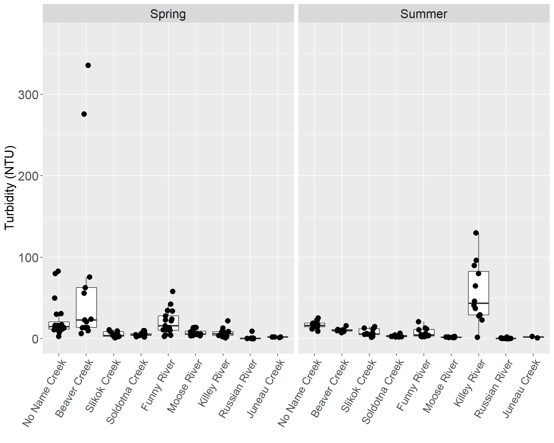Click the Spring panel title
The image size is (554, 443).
pos(168,14)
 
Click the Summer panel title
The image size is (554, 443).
pos(424,14)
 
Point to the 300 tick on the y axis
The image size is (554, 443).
pos(28,95)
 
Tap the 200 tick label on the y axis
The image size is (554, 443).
pos(28,176)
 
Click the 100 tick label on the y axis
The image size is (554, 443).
pos(28,258)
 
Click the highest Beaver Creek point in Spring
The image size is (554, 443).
pos(88,65)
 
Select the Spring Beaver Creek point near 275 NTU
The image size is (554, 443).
pos(84,114)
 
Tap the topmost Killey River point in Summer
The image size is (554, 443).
pos(476,233)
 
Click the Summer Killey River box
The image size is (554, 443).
pos(478,293)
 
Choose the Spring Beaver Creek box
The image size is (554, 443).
pos(86,307)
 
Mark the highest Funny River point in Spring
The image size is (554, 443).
pos(173,292)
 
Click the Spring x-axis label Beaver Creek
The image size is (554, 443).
pos(74,388)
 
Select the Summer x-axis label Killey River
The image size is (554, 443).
pos(470,383)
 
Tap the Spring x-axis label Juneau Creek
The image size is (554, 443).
pos(266,388)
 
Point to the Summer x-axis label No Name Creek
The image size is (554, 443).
pos(300,393)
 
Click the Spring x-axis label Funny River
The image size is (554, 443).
pos(158,385)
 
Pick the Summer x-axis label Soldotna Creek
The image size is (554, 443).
pos(383,391)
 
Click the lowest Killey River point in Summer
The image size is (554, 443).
pos(478,337)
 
